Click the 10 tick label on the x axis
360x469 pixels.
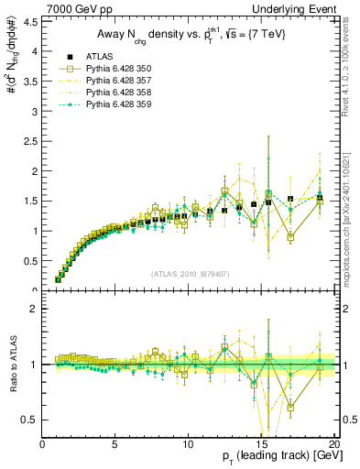tap(187, 445)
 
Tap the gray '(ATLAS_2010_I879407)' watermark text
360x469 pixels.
tap(190, 273)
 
